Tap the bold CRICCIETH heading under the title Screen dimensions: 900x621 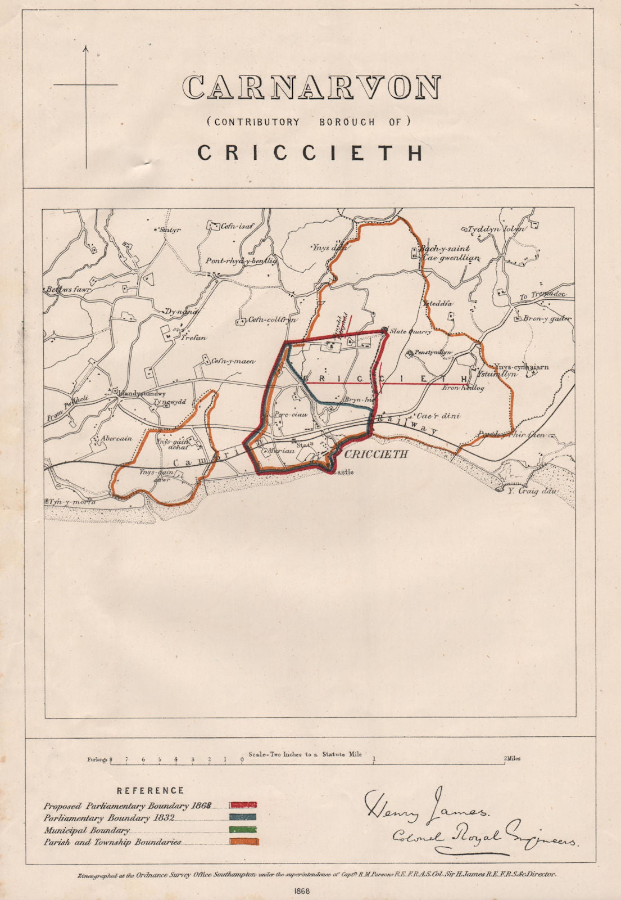point(311,153)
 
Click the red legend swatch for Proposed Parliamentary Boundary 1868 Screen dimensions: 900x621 point(243,805)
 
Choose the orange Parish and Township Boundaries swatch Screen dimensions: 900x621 point(243,842)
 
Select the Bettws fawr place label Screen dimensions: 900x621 point(67,289)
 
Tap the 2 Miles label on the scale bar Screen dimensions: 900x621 point(511,758)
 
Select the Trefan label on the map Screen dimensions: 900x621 point(193,338)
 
